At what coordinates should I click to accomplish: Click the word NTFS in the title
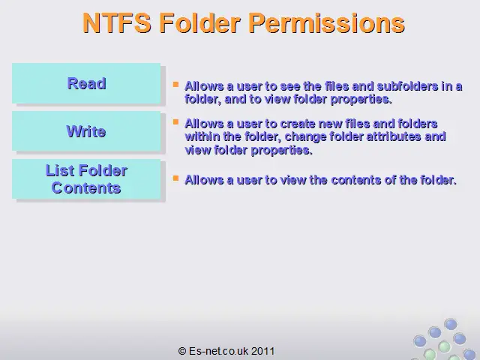pyautogui.click(x=117, y=23)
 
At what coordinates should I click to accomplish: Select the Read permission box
pyautogui.click(x=86, y=83)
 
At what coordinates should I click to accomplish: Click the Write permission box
pyautogui.click(x=86, y=131)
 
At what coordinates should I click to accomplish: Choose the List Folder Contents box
pyautogui.click(x=86, y=179)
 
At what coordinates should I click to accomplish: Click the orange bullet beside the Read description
pyautogui.click(x=175, y=84)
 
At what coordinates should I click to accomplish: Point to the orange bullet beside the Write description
pyautogui.click(x=175, y=122)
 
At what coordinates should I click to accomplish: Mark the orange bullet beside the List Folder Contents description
pyautogui.click(x=175, y=178)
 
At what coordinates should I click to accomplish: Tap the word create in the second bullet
pyautogui.click(x=298, y=124)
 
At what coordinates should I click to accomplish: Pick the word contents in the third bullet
pyautogui.click(x=356, y=180)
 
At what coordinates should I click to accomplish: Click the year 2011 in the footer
pyautogui.click(x=263, y=351)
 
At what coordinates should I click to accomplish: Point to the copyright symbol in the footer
pyautogui.click(x=181, y=351)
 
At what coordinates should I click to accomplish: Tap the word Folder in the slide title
pyautogui.click(x=199, y=23)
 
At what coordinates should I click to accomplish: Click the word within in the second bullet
pyautogui.click(x=202, y=136)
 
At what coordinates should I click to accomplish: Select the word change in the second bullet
pyautogui.click(x=305, y=136)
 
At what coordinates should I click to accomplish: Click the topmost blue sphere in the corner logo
pyautogui.click(x=451, y=324)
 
